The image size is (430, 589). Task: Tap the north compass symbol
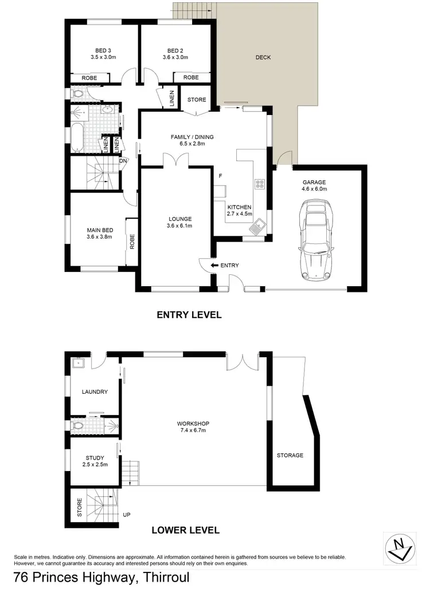click(399, 547)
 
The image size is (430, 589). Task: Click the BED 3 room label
click(103, 49)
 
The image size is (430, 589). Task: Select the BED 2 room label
click(175, 49)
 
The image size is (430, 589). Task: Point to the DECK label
click(263, 57)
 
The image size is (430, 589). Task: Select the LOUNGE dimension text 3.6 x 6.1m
click(180, 226)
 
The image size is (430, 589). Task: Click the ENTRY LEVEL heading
click(189, 314)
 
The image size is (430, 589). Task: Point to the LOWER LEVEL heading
click(185, 530)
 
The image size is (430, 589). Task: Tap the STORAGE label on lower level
click(290, 456)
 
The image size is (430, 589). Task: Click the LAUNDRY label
click(95, 392)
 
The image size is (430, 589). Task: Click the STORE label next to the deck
click(197, 100)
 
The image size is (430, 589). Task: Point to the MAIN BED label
click(99, 230)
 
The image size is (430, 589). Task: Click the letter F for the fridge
click(220, 176)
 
